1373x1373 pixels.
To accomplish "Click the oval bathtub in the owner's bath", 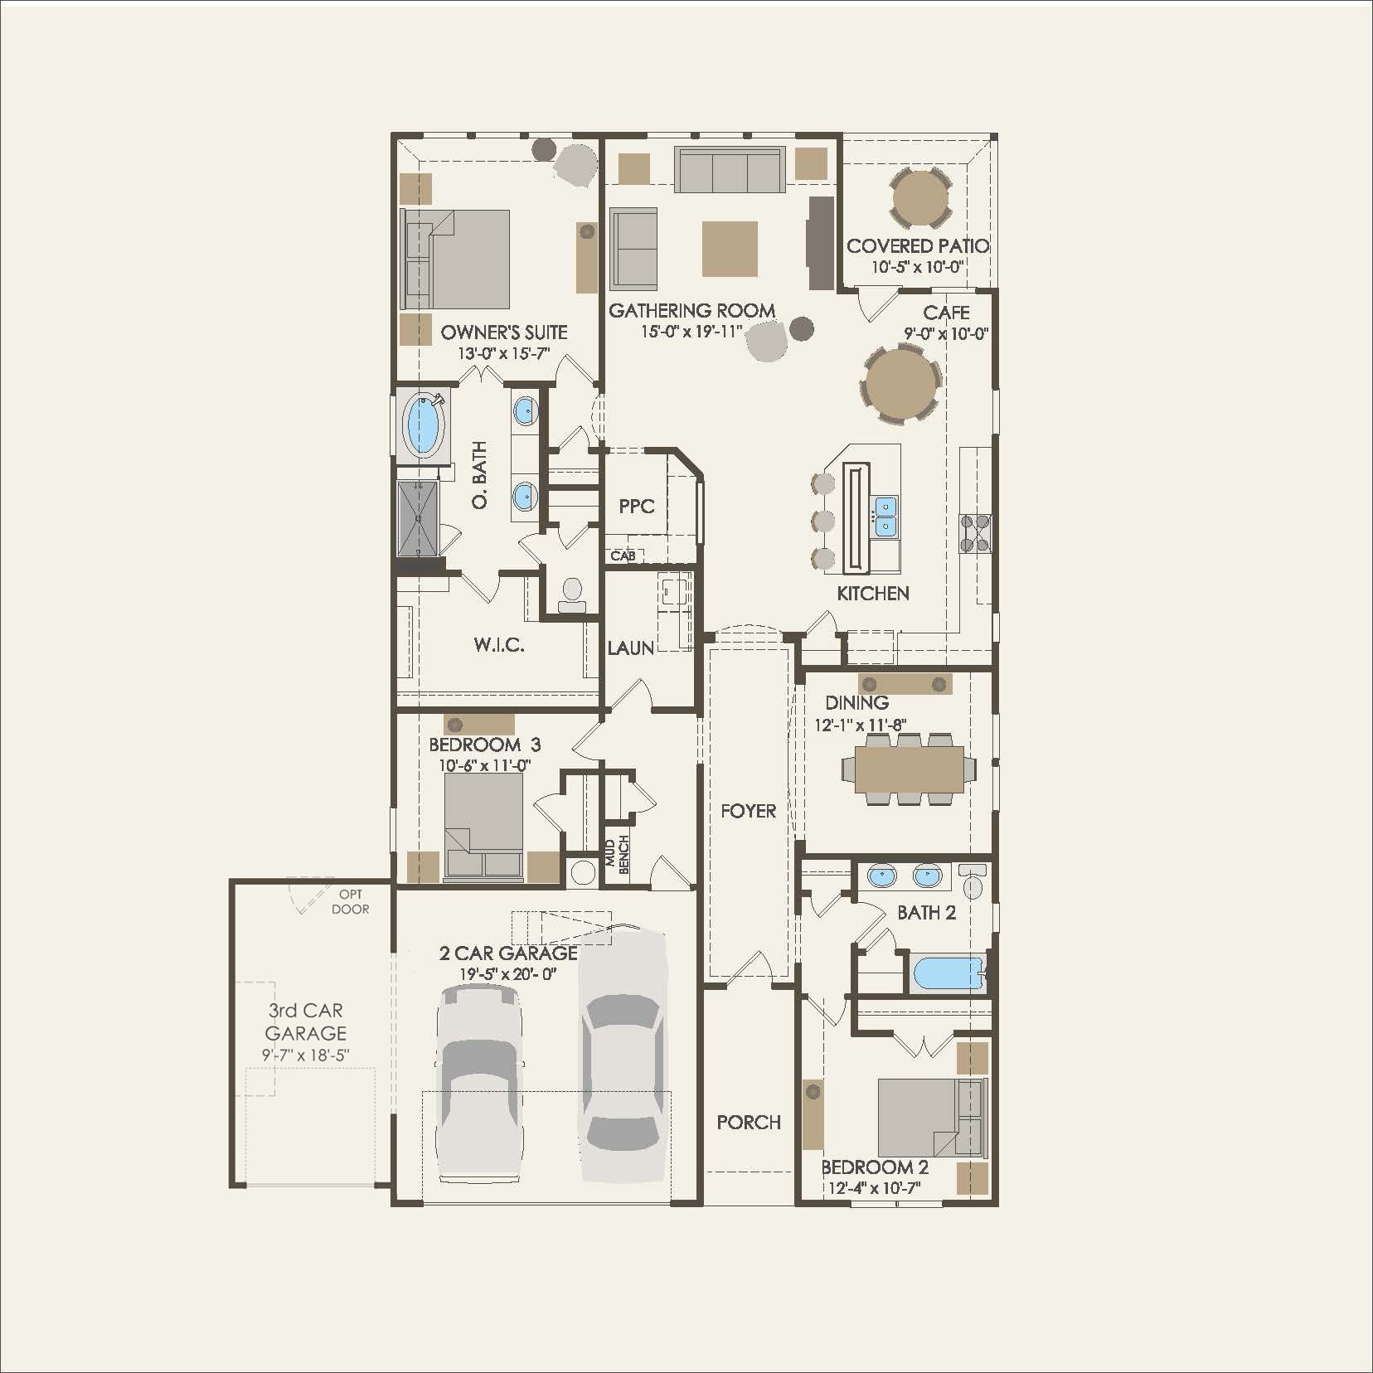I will pyautogui.click(x=424, y=425).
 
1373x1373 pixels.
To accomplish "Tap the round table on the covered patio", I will pyautogui.click(x=920, y=199).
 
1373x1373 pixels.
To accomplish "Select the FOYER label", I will pyautogui.click(x=748, y=811).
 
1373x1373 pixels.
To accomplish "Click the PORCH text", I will pyautogui.click(x=749, y=1122).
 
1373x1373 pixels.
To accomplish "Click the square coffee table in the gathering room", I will pyautogui.click(x=730, y=249).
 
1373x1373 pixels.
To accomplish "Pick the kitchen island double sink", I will pyautogui.click(x=885, y=516).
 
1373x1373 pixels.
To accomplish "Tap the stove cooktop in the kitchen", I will pyautogui.click(x=975, y=533).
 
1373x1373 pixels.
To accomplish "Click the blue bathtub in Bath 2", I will pyautogui.click(x=948, y=974).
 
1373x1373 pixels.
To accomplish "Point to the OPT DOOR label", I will pyautogui.click(x=350, y=902).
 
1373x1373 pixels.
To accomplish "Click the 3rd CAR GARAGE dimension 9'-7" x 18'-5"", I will pyautogui.click(x=306, y=1055).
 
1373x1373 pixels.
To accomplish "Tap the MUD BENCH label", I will pyautogui.click(x=617, y=854).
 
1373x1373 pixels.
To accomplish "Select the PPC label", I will pyautogui.click(x=637, y=506).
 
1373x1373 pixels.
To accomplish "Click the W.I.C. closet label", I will pyautogui.click(x=499, y=645).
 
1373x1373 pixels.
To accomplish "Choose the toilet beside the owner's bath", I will pyautogui.click(x=572, y=593).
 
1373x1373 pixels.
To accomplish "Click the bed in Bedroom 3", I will pyautogui.click(x=484, y=825).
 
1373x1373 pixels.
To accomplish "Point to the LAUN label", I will pyautogui.click(x=630, y=648).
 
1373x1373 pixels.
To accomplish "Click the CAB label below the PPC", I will pyautogui.click(x=623, y=556).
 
